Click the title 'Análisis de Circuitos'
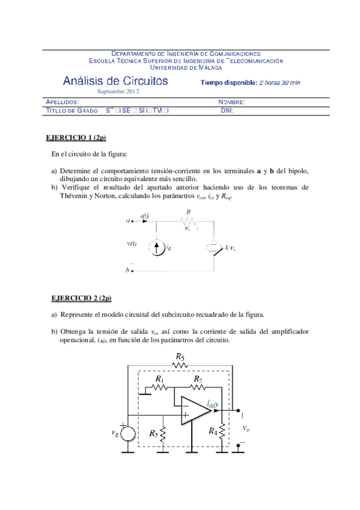(115, 81)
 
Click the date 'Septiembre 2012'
(118, 91)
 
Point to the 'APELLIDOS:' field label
(63, 102)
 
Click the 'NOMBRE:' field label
(231, 102)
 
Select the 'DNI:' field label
(227, 111)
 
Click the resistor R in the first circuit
(188, 221)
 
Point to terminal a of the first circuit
(132, 221)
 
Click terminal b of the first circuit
(132, 271)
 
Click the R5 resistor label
(179, 357)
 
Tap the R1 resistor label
(159, 379)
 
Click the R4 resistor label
(213, 431)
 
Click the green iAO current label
(212, 404)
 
